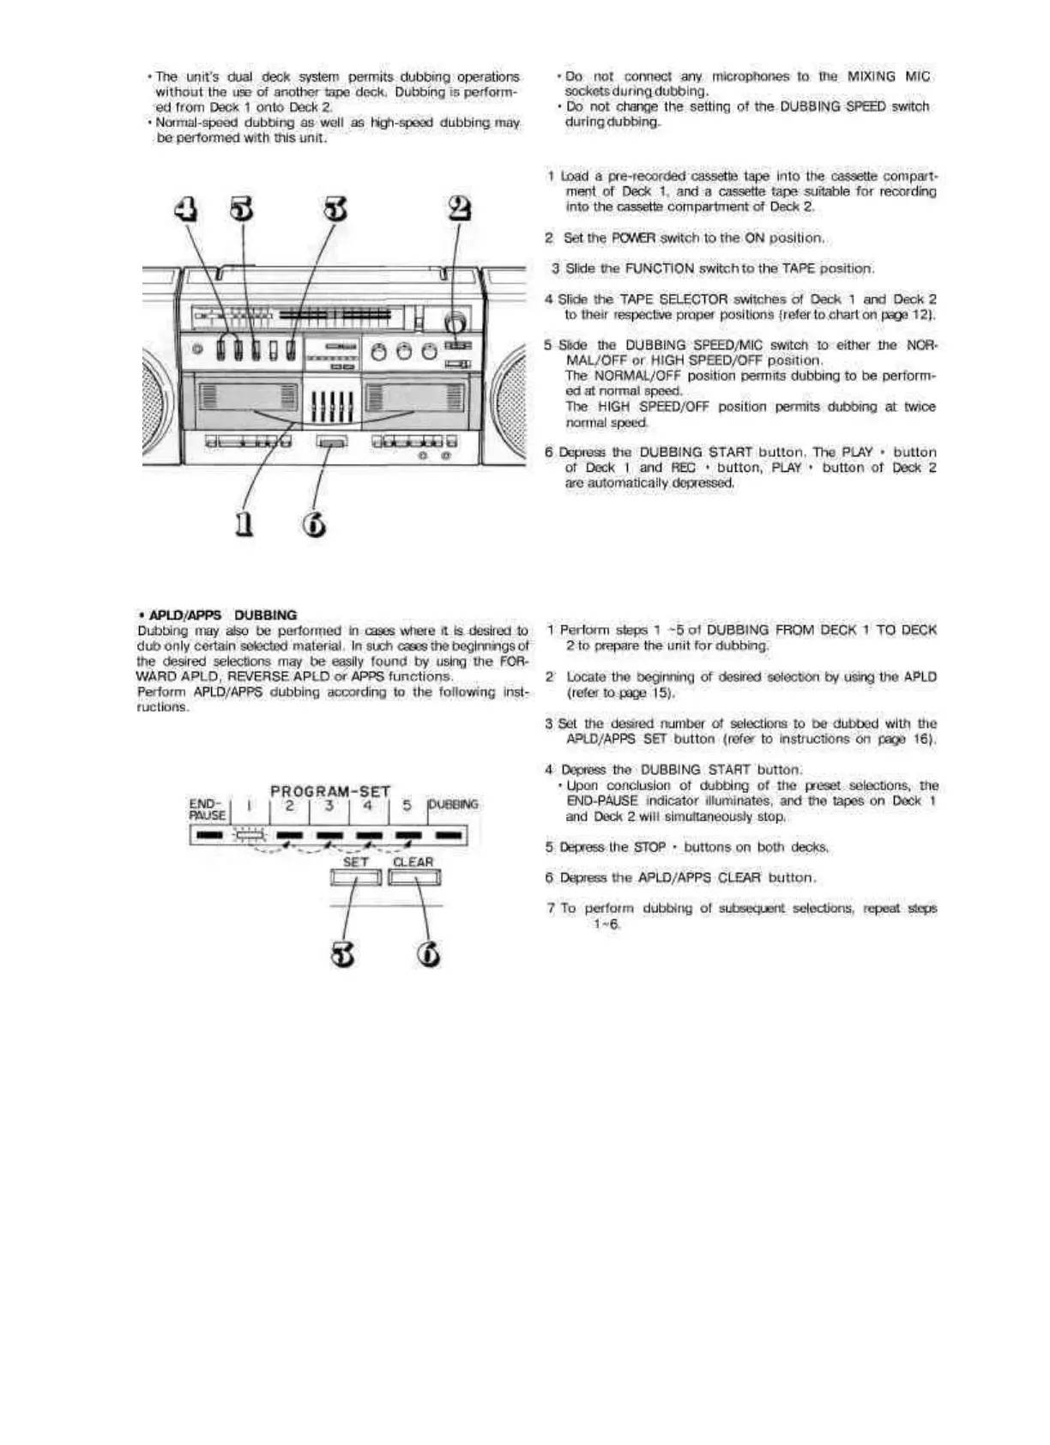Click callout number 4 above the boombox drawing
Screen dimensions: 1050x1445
185,209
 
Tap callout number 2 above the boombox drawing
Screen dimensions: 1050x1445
460,209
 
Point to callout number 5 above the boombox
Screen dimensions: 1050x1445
243,209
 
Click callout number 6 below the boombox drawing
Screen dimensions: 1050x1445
315,523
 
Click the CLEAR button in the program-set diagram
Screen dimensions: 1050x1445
413,877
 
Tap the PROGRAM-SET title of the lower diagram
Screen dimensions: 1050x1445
330,791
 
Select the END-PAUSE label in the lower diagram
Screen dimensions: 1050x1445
207,810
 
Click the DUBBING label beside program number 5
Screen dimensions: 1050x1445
453,805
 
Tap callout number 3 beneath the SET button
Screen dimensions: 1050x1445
343,953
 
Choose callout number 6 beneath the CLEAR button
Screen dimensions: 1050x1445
429,953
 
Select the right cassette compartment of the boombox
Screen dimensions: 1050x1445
415,398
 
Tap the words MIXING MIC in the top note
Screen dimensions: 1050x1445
888,76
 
